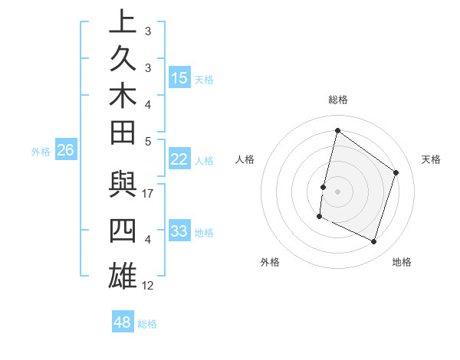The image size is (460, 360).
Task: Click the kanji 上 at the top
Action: (123, 21)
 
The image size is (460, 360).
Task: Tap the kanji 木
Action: (123, 97)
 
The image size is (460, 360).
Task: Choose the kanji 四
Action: (123, 231)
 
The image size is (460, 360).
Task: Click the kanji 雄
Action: (123, 274)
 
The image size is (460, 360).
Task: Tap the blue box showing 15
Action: (179, 78)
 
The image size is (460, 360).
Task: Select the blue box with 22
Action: (179, 159)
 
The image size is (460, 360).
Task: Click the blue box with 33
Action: (179, 231)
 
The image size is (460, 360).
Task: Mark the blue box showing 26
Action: (66, 150)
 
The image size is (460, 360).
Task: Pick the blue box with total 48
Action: (123, 322)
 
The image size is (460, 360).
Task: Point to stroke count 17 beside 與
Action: (149, 195)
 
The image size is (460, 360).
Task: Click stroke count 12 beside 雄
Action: (149, 286)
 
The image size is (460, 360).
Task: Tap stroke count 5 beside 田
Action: (148, 141)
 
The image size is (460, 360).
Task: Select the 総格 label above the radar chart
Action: (338, 100)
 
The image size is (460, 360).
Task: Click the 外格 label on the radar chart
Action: (270, 262)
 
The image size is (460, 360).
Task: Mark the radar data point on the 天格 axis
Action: (396, 172)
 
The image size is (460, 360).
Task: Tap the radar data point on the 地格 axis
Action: (374, 242)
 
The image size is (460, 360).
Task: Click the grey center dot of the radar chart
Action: (337, 191)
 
